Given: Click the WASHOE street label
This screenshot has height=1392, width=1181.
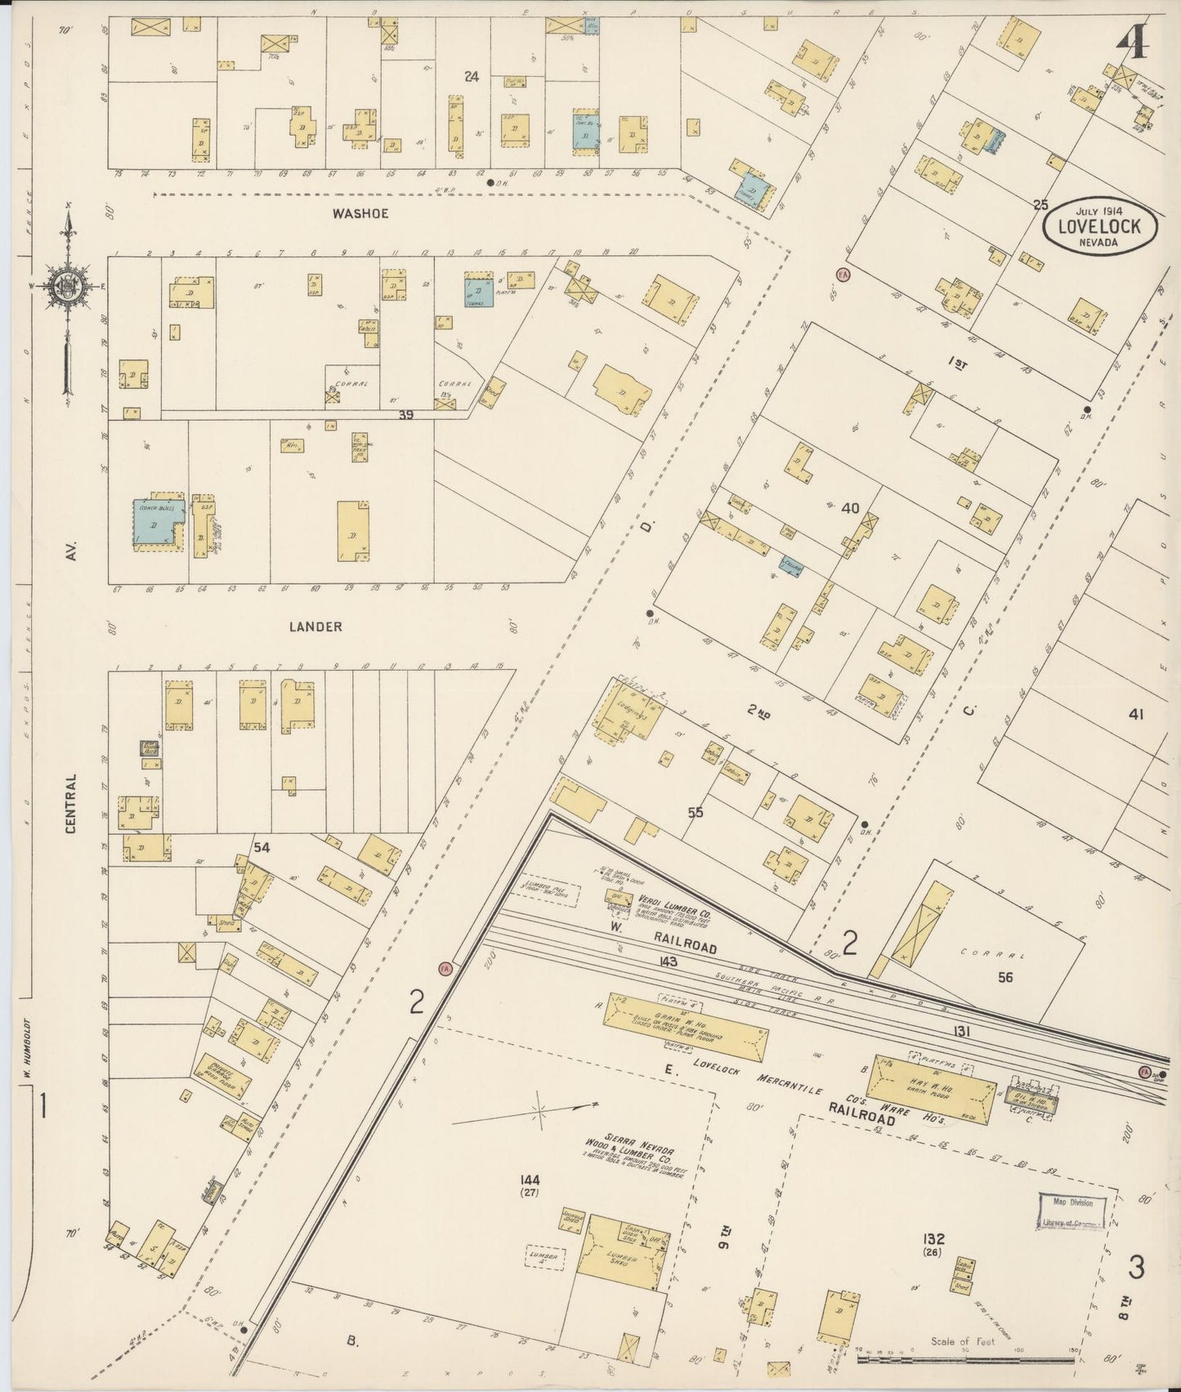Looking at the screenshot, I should click(360, 213).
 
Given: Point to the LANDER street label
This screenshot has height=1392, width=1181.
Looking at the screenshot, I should click(315, 627).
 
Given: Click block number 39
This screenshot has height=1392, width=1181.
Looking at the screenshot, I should click(406, 416).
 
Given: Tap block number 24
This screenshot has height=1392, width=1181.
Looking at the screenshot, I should click(470, 77).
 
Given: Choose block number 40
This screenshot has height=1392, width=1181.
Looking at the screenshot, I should click(850, 508).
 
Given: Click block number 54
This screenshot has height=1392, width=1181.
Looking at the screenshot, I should click(261, 848).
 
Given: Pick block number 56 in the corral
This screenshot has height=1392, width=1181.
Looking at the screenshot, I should click(1004, 977).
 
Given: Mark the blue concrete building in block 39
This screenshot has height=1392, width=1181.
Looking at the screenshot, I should click(155, 521).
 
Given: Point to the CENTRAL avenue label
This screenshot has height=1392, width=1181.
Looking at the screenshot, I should click(70, 803).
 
